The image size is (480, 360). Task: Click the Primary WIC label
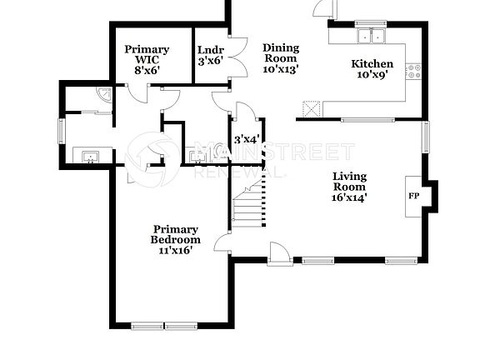147,60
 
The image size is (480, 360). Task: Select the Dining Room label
280,58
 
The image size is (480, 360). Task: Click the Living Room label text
350,187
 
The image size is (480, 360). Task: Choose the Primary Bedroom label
175,240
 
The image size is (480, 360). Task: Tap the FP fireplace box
414,197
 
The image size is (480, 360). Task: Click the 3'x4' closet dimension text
247,139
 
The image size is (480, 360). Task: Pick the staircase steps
248,208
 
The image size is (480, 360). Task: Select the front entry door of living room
280,251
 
